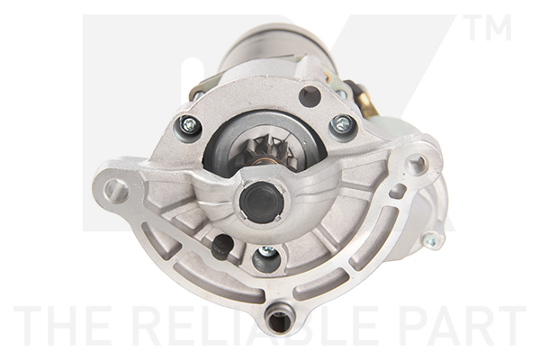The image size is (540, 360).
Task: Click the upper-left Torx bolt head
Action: [189, 127]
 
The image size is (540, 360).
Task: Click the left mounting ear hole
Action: [114, 189]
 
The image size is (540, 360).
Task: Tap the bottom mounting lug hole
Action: [281, 320]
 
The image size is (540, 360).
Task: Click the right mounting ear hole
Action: [415, 165]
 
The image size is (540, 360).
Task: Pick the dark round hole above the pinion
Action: [310, 95]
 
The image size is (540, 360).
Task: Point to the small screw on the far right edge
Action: [430, 238]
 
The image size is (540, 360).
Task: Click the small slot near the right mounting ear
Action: [397, 192]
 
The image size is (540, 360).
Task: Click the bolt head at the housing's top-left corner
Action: [197, 93]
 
